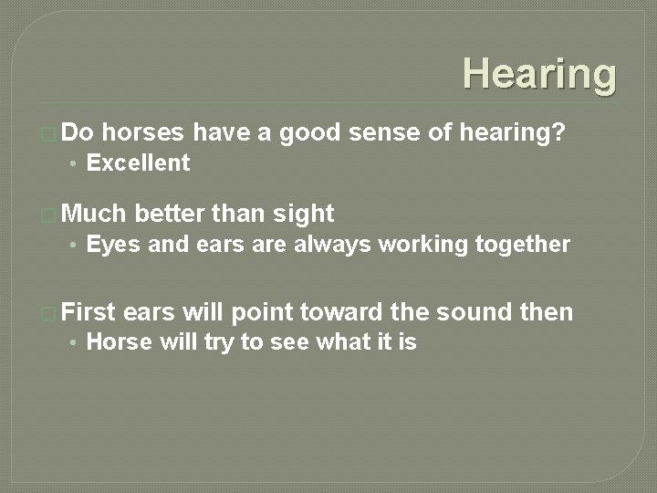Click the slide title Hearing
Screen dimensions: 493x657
[538, 73]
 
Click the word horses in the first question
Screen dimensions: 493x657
[144, 133]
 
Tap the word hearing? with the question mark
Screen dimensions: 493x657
[512, 133]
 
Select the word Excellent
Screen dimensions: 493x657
[138, 163]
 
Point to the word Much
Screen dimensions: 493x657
[95, 214]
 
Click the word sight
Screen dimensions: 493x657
[304, 214]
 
